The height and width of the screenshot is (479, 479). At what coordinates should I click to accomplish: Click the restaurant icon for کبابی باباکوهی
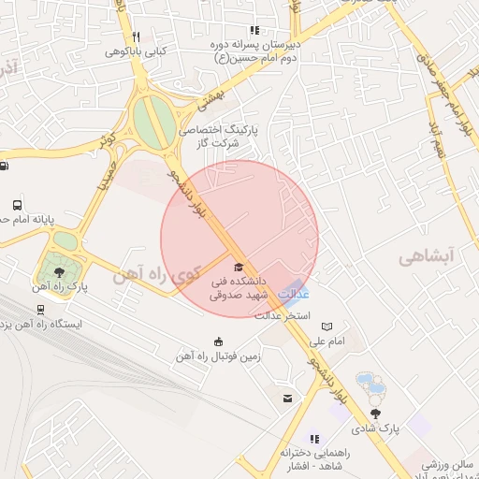click(137, 37)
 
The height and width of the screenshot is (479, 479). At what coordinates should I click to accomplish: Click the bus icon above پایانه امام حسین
click(17, 205)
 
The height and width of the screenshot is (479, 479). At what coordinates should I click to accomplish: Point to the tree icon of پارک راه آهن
click(60, 271)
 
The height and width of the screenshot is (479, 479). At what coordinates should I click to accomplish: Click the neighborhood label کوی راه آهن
click(156, 275)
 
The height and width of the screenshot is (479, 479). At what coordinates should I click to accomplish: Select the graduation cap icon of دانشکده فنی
click(237, 266)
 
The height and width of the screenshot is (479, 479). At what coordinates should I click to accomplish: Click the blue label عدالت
click(294, 294)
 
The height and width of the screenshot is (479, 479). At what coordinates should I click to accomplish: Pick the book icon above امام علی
click(327, 326)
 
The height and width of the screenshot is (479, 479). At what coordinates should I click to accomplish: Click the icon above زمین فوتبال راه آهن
click(219, 341)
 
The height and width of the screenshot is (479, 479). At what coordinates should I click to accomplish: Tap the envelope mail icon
click(288, 399)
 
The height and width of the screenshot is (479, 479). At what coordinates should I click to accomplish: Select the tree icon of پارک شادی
click(375, 413)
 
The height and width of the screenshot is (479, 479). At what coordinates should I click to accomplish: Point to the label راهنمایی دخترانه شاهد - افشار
click(313, 457)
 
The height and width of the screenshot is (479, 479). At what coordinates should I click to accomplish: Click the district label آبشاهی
click(425, 256)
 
